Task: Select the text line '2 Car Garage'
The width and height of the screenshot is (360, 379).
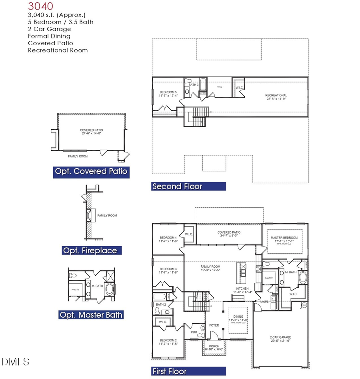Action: (49, 29)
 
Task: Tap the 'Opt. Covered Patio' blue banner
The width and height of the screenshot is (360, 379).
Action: (91, 172)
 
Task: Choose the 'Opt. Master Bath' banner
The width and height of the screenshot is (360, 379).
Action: (91, 315)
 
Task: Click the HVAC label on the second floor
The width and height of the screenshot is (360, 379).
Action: (219, 87)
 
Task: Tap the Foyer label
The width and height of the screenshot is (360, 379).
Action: (214, 325)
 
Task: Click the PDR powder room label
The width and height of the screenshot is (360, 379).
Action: (194, 332)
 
